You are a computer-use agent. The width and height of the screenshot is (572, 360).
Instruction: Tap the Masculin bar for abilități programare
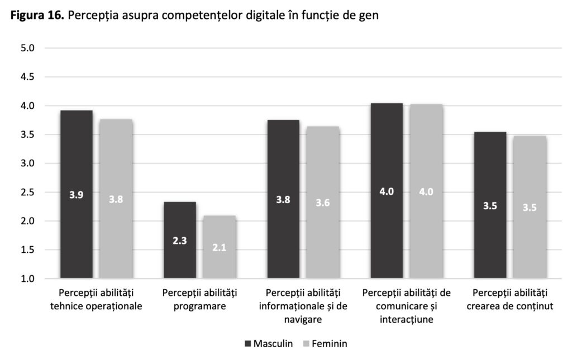(180, 240)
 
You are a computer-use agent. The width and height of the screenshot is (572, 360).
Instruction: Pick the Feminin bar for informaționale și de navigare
(322, 202)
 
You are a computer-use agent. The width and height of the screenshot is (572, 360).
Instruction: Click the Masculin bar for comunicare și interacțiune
(387, 190)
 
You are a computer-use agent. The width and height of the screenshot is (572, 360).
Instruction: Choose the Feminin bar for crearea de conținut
(530, 207)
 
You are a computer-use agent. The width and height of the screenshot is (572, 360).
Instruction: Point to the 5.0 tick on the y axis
(28, 48)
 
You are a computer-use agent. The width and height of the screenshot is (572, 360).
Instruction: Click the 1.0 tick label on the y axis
(28, 279)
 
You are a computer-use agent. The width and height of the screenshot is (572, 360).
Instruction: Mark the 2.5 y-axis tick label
(28, 193)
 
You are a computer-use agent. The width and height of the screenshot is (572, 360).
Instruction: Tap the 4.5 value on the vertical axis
(28, 77)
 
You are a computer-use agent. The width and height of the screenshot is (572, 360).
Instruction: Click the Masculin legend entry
(268, 343)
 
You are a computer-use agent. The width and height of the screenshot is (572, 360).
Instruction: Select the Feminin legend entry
(324, 343)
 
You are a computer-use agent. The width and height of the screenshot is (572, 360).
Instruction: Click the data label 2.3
(179, 242)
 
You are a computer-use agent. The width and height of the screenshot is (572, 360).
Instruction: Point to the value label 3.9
(77, 195)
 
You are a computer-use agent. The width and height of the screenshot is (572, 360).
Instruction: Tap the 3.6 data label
(322, 203)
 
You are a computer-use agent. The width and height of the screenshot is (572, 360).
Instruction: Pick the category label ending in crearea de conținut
(509, 299)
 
